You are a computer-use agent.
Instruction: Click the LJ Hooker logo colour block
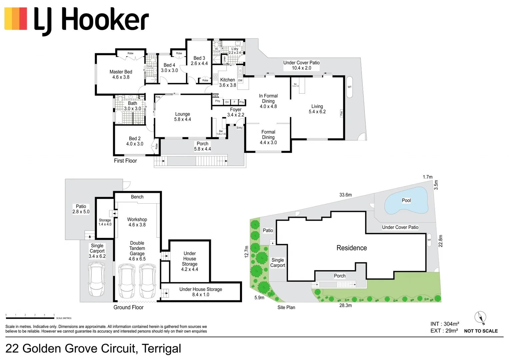point(16,19)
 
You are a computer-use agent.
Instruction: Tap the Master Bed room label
point(121,74)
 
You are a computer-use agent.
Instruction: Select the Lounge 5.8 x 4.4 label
point(182,117)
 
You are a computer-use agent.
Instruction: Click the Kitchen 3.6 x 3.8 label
point(227,82)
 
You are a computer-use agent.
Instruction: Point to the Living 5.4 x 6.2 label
point(317,109)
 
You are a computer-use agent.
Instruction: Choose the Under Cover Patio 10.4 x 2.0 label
point(301,65)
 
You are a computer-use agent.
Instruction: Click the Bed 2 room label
point(135,141)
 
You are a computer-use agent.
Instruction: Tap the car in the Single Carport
point(97,279)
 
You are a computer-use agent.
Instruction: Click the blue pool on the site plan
point(406,201)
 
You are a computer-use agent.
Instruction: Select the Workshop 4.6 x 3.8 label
point(137,222)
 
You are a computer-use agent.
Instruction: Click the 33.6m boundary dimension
point(345,195)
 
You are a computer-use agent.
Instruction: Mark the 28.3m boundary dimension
point(345,305)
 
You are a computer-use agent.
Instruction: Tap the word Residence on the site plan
point(352,248)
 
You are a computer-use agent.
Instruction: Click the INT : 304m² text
point(445,324)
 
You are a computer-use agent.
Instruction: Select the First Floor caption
point(125,161)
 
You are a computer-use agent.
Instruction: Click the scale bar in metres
point(30,318)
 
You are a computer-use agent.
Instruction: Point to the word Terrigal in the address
point(161,349)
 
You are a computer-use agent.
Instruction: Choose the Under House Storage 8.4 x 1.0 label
point(201,292)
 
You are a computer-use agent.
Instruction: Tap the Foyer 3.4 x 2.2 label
point(236,112)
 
